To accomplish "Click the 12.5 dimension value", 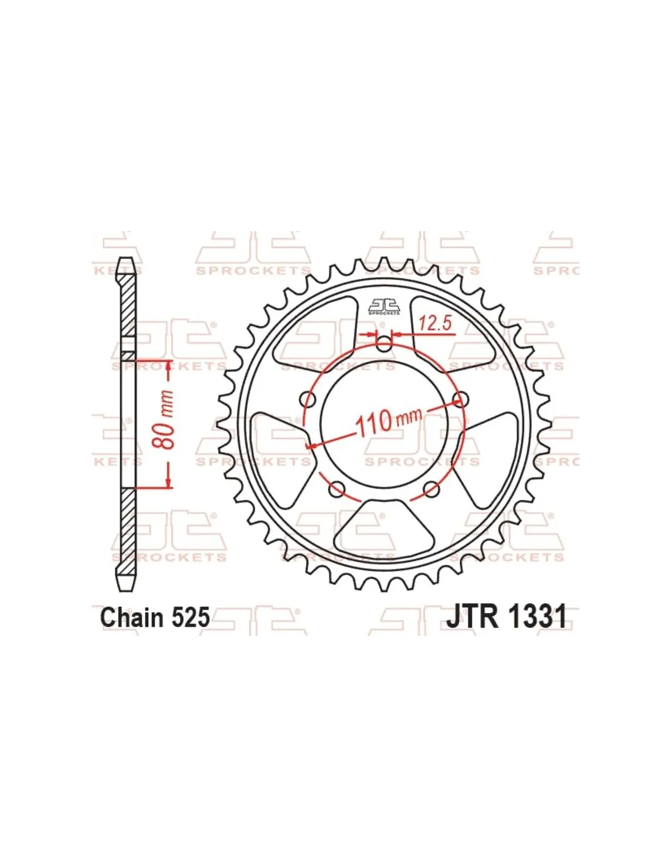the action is pyautogui.click(x=436, y=324).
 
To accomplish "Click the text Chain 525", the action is pyautogui.click(x=155, y=618).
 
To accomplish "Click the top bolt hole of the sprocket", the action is pyautogui.click(x=384, y=344).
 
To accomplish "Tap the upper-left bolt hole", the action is pyautogui.click(x=308, y=399).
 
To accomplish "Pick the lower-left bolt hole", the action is pyautogui.click(x=337, y=488).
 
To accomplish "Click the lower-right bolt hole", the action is pyautogui.click(x=431, y=488).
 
